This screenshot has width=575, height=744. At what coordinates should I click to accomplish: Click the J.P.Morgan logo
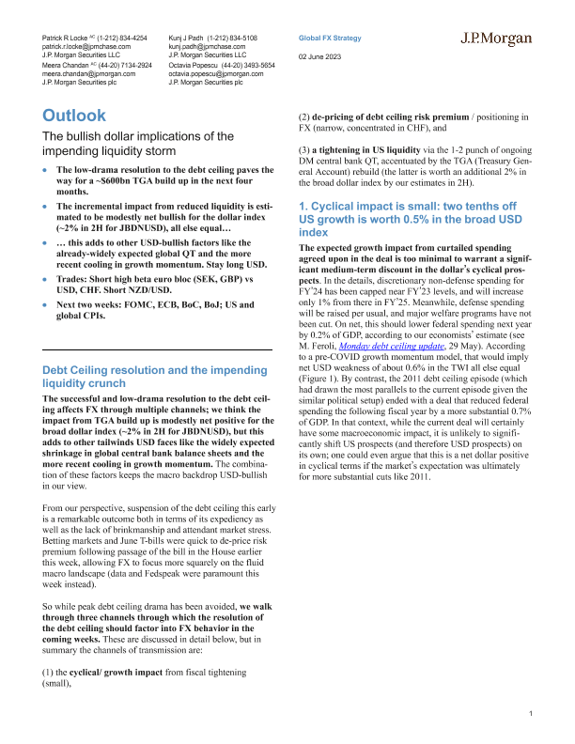click(x=496, y=39)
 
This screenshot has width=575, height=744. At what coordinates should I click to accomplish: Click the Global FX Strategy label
click(x=329, y=38)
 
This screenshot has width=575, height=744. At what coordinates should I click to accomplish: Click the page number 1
click(x=531, y=716)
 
